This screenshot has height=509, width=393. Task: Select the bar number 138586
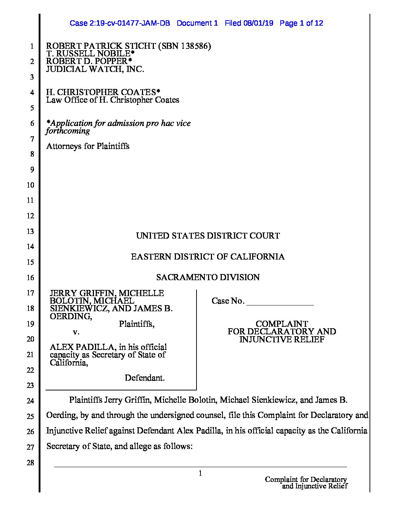coord(194,46)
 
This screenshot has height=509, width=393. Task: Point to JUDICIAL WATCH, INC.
coord(95,69)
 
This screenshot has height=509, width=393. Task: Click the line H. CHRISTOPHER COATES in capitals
coord(101,92)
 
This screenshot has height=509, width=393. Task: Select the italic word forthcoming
coord(68,131)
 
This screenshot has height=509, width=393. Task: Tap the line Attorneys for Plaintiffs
coord(88,146)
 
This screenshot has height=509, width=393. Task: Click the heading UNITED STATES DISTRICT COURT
coord(208,236)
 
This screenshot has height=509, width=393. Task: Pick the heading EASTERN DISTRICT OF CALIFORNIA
coord(208,257)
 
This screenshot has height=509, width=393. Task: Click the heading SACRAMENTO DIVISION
coord(208,277)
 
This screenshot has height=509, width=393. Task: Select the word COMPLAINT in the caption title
coord(282,324)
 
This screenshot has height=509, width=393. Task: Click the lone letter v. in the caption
coord(76,332)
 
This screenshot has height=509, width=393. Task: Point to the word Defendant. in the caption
coord(144,378)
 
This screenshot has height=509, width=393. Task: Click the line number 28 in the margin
coord(31,462)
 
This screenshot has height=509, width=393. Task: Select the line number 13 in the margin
coord(30,231)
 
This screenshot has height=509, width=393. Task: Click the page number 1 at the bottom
coord(200,473)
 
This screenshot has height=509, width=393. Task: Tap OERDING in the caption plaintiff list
coord(70,316)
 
